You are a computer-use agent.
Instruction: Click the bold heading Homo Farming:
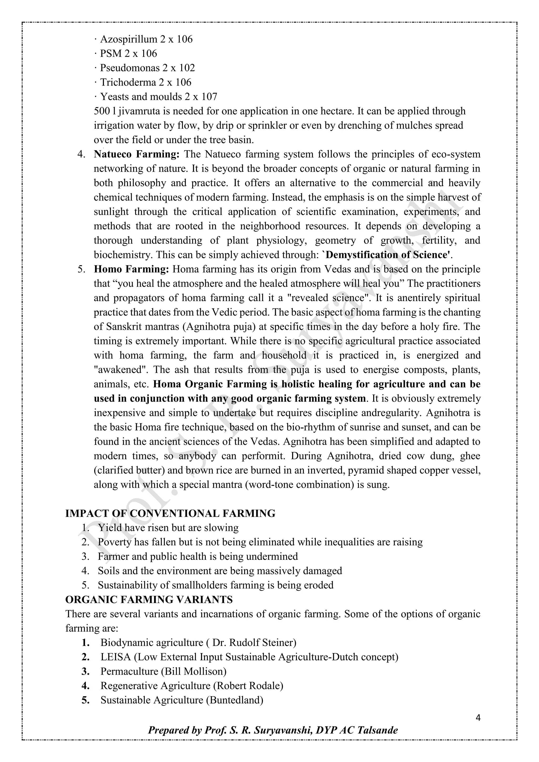pyautogui.click(x=131, y=269)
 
